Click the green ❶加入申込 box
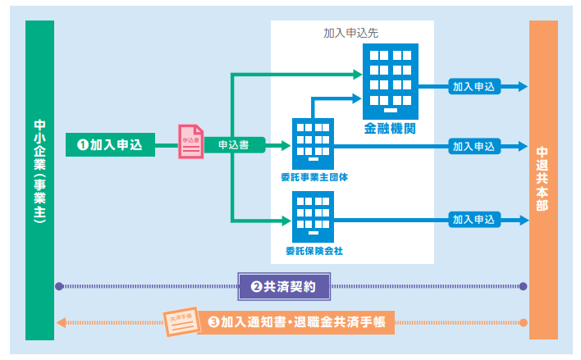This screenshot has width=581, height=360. coord(110,145)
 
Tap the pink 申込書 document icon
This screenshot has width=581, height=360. coord(190,141)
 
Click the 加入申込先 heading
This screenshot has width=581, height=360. coord(351,34)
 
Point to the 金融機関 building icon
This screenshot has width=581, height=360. coord(391,78)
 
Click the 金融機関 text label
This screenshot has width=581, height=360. coord(391,129)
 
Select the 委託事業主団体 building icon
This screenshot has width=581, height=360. coord(313,143)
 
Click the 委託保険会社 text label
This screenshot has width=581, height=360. coord(313,249)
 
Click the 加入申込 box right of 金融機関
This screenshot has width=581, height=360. coord(473,86)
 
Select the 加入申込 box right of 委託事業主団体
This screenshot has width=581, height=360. coord(473,146)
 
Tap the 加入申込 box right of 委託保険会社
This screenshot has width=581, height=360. coord(473,220)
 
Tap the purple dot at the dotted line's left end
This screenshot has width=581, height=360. coord(58,287)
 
